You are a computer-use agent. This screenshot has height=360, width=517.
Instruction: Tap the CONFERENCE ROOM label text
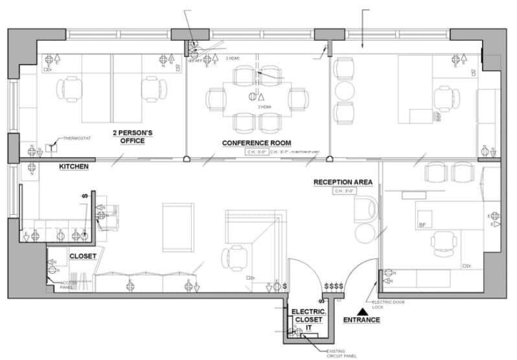pos(256,142)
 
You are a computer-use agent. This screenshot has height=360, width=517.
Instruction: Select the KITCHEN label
pos(73,166)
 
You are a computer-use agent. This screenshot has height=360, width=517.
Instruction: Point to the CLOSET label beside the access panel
pos(83,256)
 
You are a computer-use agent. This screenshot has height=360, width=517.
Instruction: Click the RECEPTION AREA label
pos(343,182)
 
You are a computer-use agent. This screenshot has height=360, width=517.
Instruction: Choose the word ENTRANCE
pos(362,320)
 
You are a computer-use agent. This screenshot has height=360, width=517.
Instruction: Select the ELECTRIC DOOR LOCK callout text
pos(387,305)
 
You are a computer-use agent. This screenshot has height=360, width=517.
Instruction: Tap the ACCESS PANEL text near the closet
pos(69,286)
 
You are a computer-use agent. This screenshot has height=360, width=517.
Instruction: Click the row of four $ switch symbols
pos(334,286)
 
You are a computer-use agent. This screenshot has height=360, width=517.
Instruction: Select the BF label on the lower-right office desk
pos(422,225)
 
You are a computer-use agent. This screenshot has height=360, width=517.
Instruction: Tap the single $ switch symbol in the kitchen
pos(84,196)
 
